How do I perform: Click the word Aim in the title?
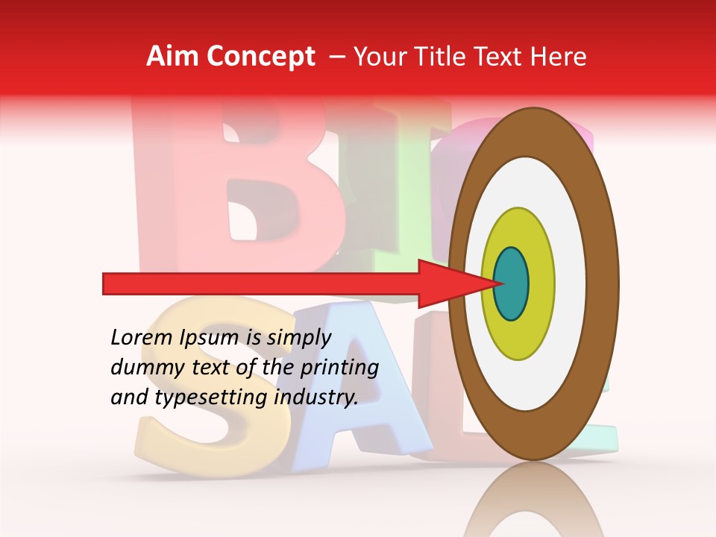[172, 57]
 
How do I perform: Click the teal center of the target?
[511, 283]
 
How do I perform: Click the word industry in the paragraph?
[316, 398]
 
